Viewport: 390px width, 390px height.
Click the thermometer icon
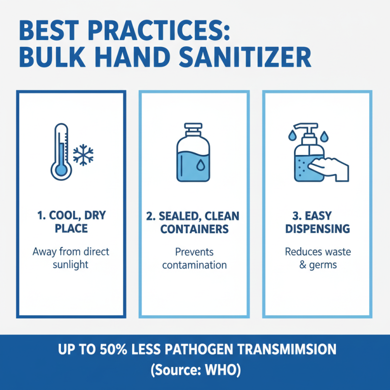pos(60,151)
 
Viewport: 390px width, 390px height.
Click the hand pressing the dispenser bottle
pos(332,167)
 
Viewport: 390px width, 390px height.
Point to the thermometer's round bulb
pos(60,169)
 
